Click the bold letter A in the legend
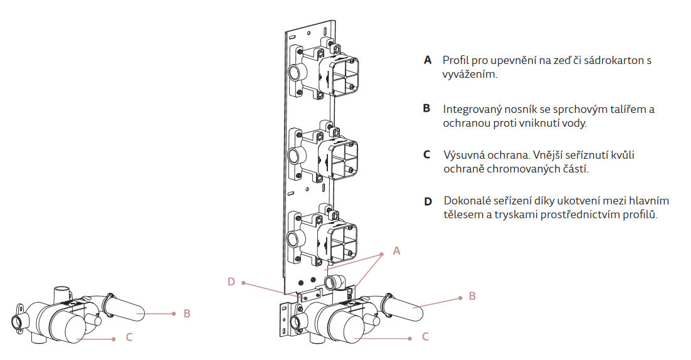point(428,61)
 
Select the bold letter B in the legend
point(427,109)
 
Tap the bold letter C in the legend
point(427,154)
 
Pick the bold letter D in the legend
point(428,201)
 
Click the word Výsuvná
point(464,155)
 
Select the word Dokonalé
point(468,201)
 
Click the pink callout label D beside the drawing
point(231,282)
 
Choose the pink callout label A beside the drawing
point(396,251)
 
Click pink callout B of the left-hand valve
point(187,313)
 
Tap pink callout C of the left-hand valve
point(129,337)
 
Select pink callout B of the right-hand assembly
point(472,296)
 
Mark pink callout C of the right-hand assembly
point(425,337)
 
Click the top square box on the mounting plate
point(342,77)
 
